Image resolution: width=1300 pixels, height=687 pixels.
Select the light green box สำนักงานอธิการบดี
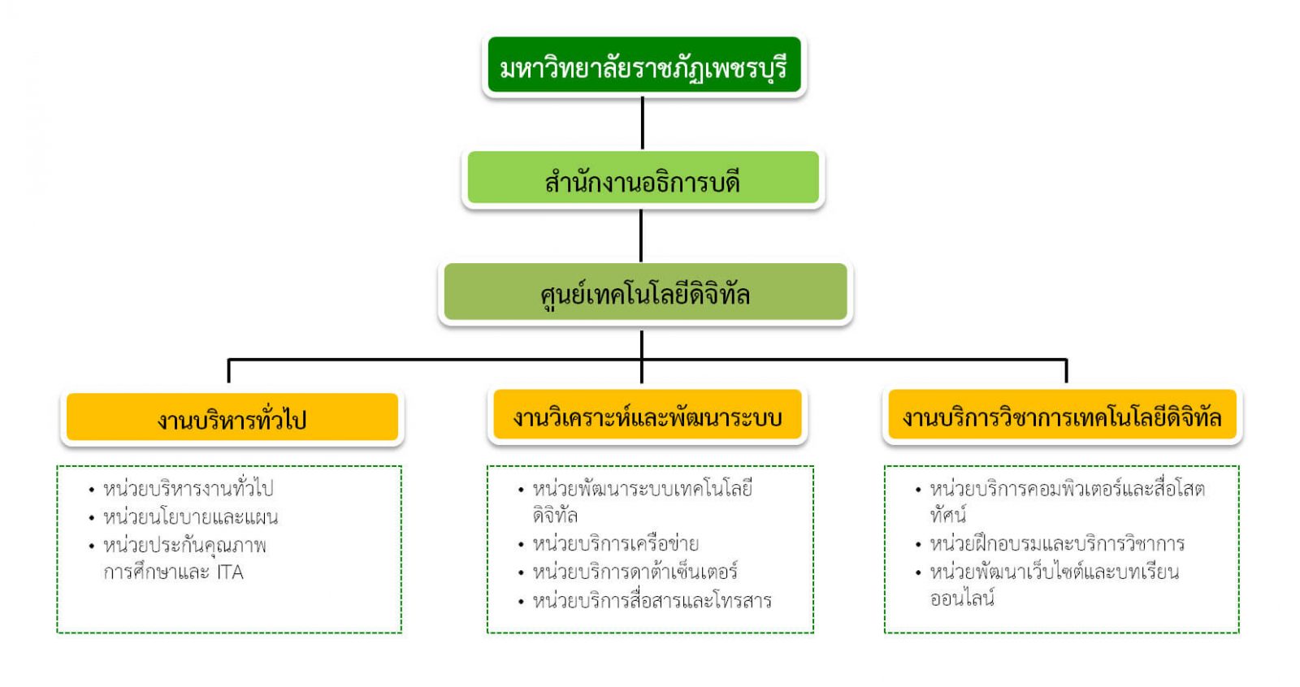tap(643, 179)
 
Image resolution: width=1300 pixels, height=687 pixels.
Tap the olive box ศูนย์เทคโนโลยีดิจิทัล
tap(644, 292)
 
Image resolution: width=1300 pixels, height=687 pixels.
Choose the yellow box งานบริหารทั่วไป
tap(232, 418)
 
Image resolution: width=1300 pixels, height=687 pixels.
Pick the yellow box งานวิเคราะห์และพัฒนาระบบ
tap(647, 417)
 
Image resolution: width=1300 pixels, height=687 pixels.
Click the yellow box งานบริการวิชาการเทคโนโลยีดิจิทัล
tap(1062, 417)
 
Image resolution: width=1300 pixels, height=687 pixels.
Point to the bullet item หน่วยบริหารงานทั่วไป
tap(188, 488)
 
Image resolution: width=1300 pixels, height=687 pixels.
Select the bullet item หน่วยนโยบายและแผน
tap(190, 516)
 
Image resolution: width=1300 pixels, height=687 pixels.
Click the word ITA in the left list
tap(230, 572)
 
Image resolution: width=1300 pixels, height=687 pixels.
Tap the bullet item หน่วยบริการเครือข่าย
tap(615, 543)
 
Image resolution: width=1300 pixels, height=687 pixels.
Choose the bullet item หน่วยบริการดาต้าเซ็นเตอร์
tap(635, 572)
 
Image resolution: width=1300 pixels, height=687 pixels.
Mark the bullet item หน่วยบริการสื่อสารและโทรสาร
tap(652, 601)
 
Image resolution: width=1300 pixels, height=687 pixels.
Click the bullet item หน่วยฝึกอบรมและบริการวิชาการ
tap(1057, 543)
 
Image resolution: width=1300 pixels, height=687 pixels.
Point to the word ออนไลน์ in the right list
tap(962, 599)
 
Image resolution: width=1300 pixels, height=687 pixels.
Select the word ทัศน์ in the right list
tap(947, 515)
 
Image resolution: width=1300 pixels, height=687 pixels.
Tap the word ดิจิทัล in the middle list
tap(555, 515)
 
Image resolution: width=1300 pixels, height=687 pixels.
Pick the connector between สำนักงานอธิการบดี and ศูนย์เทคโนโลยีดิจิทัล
tap(642, 235)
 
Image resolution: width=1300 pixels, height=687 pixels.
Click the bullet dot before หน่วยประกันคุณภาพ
tap(92, 547)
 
